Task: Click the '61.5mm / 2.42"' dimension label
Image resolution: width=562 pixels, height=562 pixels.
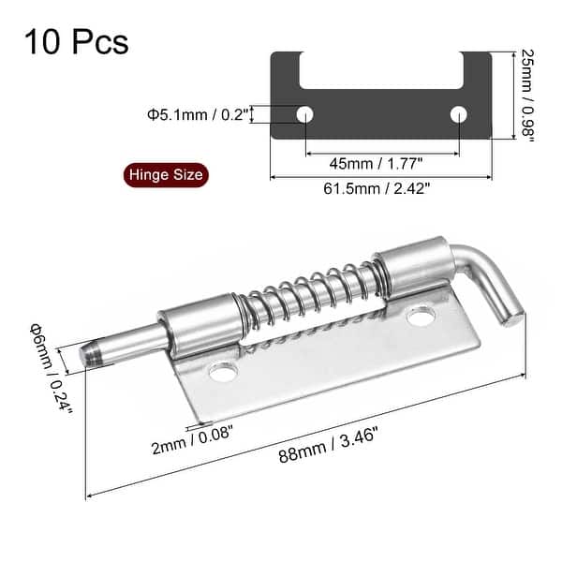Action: click(x=381, y=187)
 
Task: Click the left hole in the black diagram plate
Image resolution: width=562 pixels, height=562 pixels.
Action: click(x=306, y=114)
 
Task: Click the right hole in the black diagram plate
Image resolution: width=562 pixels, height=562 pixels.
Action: click(x=458, y=114)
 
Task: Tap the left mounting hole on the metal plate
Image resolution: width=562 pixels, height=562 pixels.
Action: click(x=223, y=375)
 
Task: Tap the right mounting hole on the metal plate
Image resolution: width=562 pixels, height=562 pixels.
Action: click(x=418, y=319)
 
